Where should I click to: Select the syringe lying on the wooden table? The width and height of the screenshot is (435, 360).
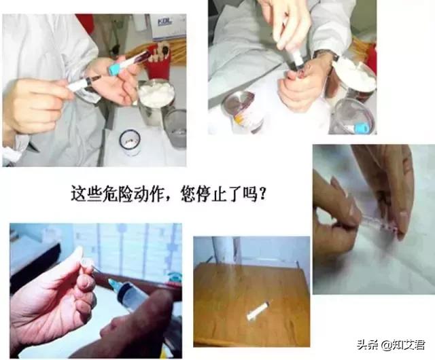[258, 311]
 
